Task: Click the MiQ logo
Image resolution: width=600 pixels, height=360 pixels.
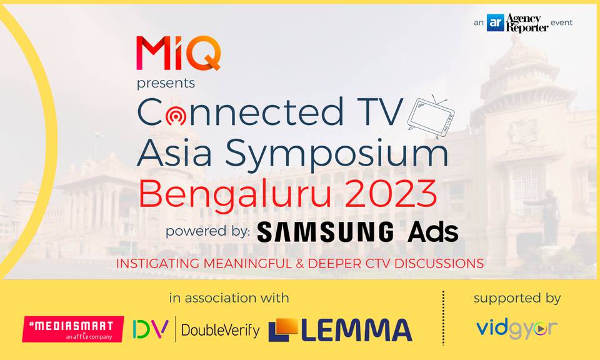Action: tap(178, 53)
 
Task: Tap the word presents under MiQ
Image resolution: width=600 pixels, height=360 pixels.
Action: tap(166, 83)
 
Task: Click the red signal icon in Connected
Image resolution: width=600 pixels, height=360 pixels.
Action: tap(176, 115)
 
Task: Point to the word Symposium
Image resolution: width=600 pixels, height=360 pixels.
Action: tap(336, 154)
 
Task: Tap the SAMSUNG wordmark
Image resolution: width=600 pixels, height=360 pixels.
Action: tap(325, 232)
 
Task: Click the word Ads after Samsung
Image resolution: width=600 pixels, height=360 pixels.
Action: tap(432, 232)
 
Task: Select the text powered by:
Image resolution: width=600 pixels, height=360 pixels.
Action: tap(207, 232)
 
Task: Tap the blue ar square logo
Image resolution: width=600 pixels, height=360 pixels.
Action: tap(495, 22)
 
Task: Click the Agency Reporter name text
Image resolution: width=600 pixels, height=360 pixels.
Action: tap(527, 22)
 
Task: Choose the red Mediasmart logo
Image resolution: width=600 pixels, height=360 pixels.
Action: tap(73, 329)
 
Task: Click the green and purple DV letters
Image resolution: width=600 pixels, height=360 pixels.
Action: tap(151, 329)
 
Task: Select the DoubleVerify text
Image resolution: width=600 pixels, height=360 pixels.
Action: tap(221, 330)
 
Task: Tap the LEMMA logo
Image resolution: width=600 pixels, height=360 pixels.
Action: tap(340, 330)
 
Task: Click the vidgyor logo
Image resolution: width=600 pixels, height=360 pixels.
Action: tap(517, 329)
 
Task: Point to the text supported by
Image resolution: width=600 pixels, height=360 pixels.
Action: tap(517, 299)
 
